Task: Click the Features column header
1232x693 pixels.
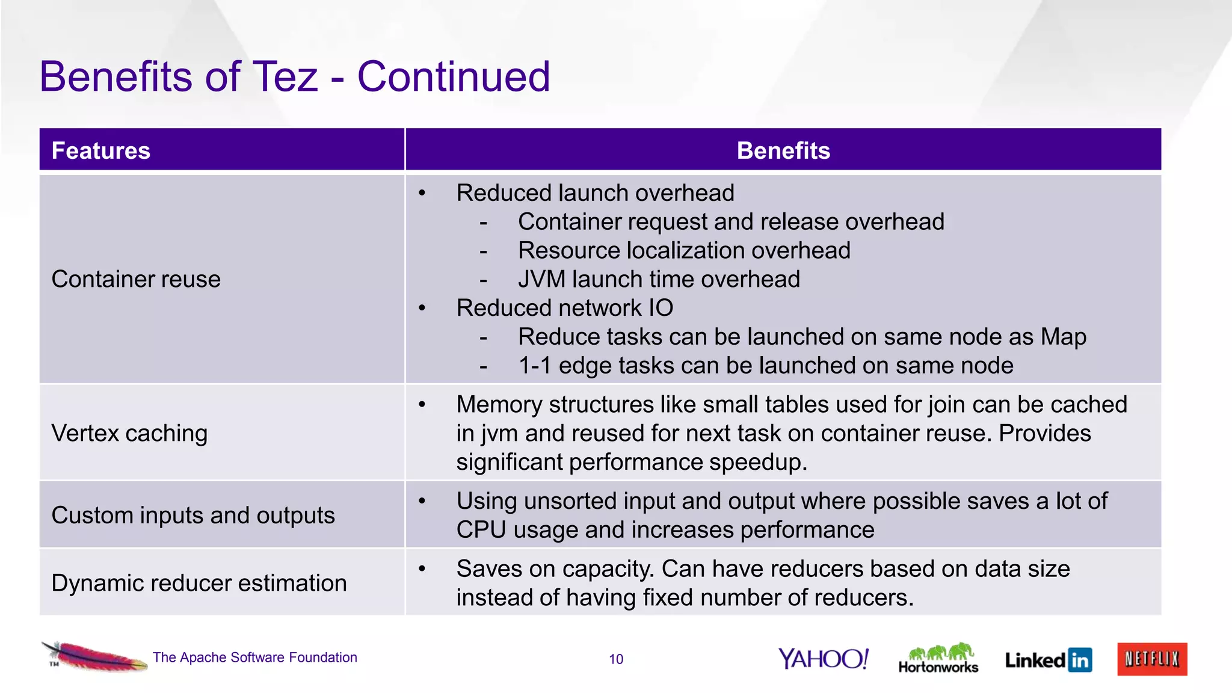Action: click(101, 150)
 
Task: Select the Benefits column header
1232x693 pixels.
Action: click(783, 150)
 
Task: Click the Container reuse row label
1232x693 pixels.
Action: click(136, 279)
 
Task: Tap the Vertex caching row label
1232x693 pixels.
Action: click(129, 433)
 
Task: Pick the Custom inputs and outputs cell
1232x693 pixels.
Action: click(193, 516)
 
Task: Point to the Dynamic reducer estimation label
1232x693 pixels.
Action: click(199, 583)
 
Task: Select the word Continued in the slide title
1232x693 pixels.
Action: click(454, 77)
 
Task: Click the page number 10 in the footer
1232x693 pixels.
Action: click(616, 659)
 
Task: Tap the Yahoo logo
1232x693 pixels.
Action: click(823, 659)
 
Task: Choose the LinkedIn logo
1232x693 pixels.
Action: click(1048, 660)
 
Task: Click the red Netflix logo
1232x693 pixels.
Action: click(1152, 659)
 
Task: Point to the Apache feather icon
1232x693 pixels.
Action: click(93, 656)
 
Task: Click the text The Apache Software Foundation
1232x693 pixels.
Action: click(255, 658)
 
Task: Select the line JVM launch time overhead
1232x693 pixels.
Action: click(659, 279)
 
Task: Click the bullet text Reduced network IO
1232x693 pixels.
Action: click(564, 308)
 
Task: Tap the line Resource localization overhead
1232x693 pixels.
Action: click(684, 250)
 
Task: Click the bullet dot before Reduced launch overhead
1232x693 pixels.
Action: click(422, 193)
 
